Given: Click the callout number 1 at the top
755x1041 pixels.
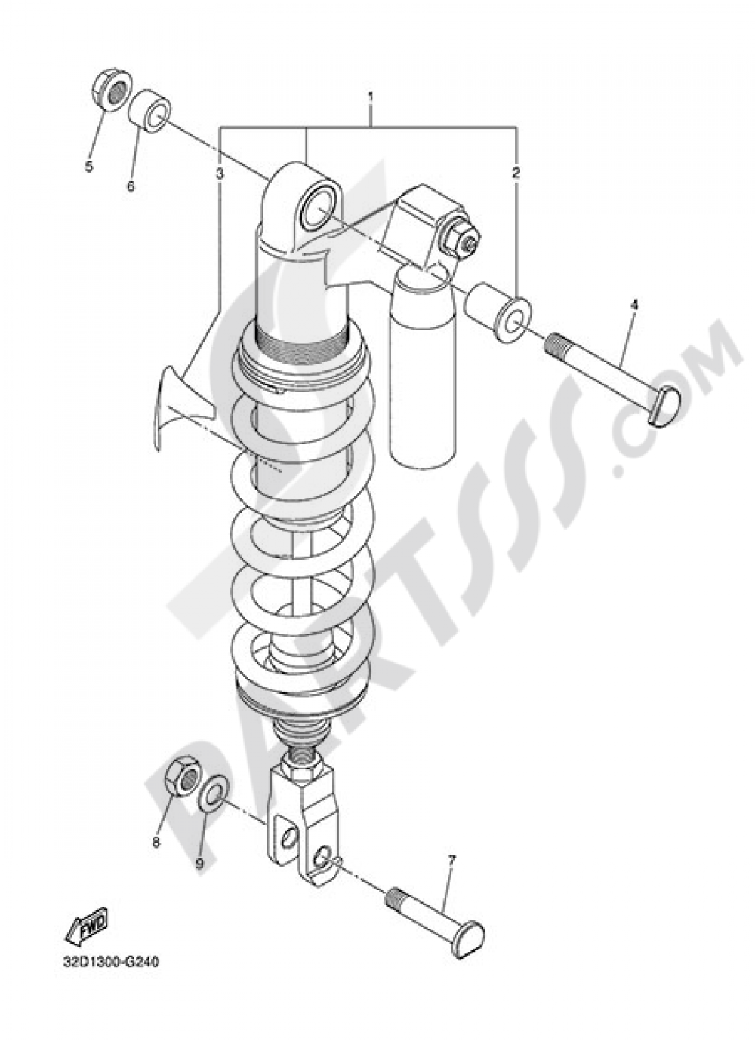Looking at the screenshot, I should pyautogui.click(x=371, y=97).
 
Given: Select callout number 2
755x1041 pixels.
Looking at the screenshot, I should pyautogui.click(x=516, y=173).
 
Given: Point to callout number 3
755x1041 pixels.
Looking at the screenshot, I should pyautogui.click(x=220, y=173).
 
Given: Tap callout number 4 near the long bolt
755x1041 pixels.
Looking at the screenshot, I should pyautogui.click(x=634, y=305).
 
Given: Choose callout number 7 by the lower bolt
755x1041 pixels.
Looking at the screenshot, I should pyautogui.click(x=451, y=860).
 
